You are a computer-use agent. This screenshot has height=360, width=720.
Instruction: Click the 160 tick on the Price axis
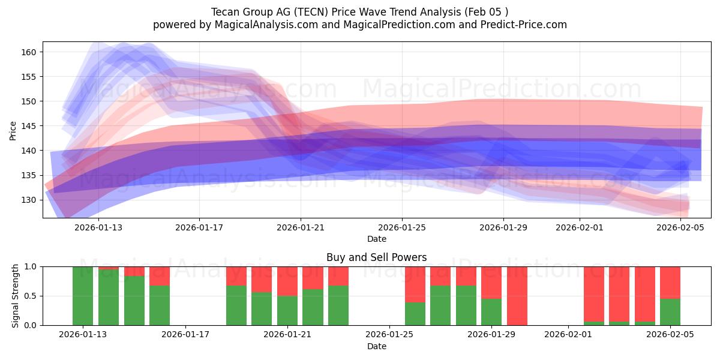(x=29, y=52)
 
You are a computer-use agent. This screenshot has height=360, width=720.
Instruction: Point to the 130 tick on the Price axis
(x=29, y=200)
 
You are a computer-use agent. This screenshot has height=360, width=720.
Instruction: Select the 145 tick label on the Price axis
(x=29, y=126)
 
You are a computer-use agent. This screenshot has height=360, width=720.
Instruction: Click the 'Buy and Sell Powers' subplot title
(x=376, y=257)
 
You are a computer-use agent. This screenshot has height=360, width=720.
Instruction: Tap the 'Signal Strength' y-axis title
(x=16, y=296)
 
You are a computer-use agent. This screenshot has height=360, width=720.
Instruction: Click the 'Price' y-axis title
(x=13, y=130)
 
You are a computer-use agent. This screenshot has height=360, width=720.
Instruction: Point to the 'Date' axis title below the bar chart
(x=376, y=346)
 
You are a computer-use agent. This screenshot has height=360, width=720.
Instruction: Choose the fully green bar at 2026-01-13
(x=83, y=296)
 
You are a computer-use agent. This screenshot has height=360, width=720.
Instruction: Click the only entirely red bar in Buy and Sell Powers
(x=517, y=296)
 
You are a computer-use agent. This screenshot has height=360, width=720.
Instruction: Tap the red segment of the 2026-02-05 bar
(x=670, y=282)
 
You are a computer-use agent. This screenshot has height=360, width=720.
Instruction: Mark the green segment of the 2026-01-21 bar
(x=287, y=310)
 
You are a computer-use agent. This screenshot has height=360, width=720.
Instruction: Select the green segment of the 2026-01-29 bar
(x=491, y=312)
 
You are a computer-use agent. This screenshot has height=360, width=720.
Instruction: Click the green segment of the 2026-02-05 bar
(x=670, y=312)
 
